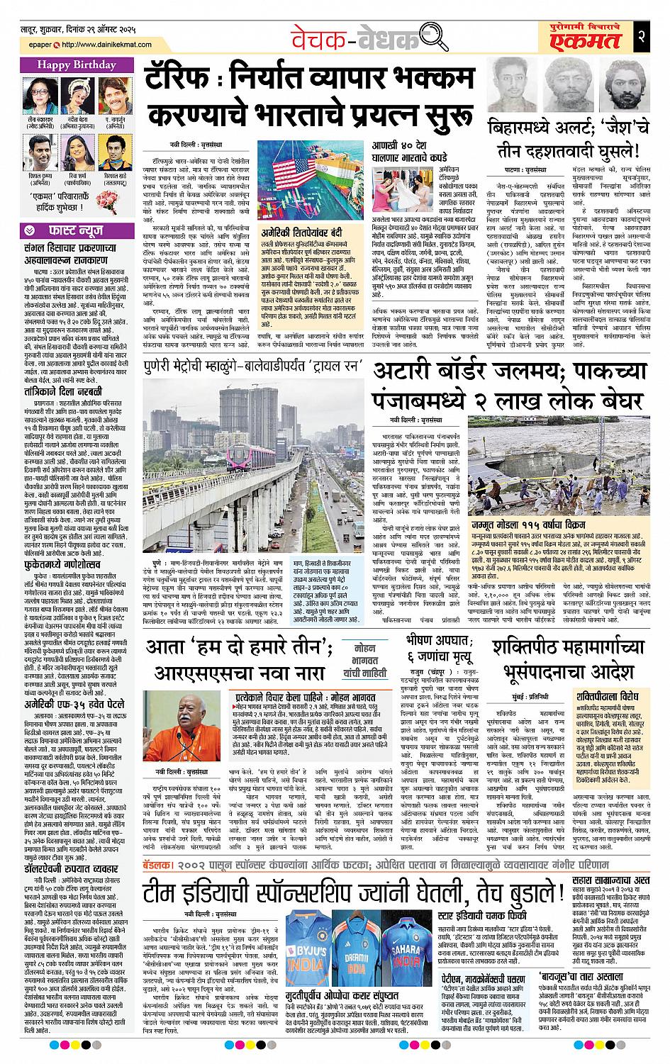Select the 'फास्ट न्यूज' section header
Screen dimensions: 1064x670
coord(70,230)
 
